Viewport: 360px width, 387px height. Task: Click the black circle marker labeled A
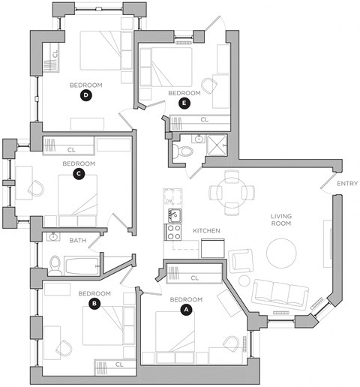(x=186, y=310)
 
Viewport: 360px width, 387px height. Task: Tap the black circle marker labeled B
(x=94, y=304)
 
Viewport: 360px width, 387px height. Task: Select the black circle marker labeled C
(x=79, y=174)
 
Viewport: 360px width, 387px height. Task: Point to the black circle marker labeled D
(x=85, y=95)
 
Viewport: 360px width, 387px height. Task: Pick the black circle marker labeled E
(x=184, y=103)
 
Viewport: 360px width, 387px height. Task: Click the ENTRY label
(x=347, y=184)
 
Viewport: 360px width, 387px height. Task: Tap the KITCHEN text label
(x=206, y=230)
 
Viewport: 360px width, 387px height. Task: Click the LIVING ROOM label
(x=281, y=220)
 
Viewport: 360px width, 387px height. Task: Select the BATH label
(x=78, y=241)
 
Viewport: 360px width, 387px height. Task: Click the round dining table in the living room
(x=232, y=193)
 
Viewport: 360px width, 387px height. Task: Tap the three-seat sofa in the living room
(x=280, y=292)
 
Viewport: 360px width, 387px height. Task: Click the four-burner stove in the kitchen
(x=173, y=232)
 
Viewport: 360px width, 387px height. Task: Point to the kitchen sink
(x=175, y=215)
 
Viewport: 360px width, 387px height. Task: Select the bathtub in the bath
(x=82, y=266)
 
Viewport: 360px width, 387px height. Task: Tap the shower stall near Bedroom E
(x=217, y=145)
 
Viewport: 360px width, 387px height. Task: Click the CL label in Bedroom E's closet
(x=205, y=120)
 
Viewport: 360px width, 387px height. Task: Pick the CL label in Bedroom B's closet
(x=119, y=364)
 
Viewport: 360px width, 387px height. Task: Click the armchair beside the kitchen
(x=240, y=260)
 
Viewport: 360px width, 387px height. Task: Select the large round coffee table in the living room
(x=281, y=253)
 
